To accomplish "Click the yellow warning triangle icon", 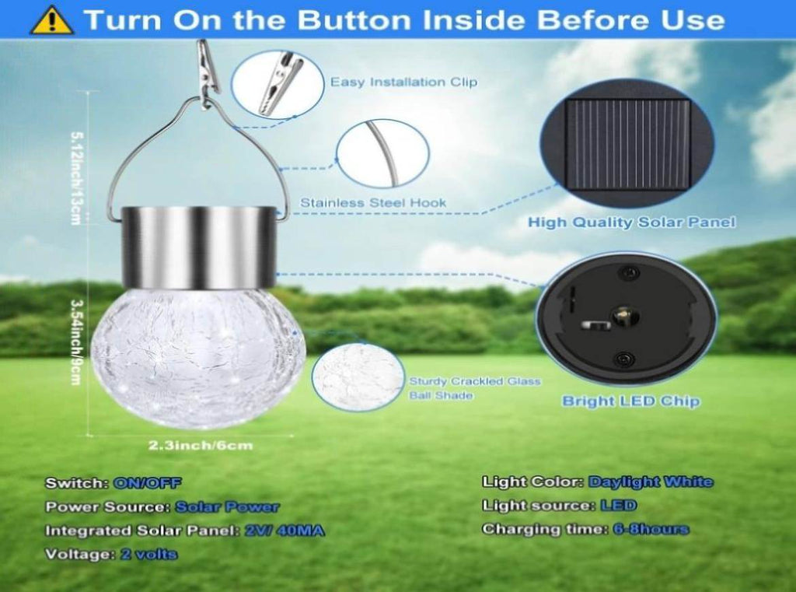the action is [52, 20].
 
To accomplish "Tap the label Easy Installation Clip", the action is [403, 82].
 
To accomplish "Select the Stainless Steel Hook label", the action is [373, 203].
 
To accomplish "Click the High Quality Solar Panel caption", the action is [631, 222].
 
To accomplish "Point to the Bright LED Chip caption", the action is [631, 401].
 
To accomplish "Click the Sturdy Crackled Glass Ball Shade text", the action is [475, 388].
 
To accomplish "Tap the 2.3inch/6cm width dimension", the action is [201, 446].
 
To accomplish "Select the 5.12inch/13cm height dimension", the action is [75, 178].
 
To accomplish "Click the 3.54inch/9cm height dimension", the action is [75, 342].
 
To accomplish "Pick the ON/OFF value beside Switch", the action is [147, 483].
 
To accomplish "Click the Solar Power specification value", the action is [227, 506].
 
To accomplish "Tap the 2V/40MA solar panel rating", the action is [285, 531].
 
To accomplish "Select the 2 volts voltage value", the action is [149, 554].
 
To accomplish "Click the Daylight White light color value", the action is [651, 482].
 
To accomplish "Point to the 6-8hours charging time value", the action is [651, 529].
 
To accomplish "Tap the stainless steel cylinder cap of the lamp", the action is [199, 247].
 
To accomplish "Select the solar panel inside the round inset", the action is [628, 145].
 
